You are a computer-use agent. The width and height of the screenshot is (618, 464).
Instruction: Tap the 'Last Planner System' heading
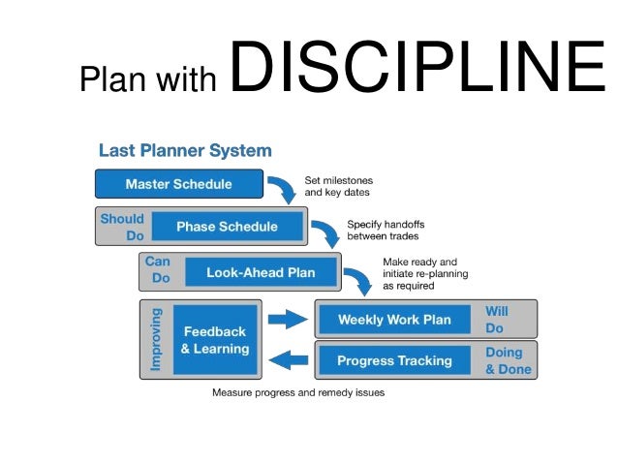click(185, 151)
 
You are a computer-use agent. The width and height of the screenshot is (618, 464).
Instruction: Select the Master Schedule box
click(178, 184)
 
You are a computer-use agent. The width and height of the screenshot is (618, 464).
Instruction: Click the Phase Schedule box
click(226, 227)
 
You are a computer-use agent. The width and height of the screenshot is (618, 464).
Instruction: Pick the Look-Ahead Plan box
click(261, 272)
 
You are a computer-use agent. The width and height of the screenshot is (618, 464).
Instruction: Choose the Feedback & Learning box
click(215, 340)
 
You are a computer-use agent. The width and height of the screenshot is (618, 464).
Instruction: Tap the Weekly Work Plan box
click(394, 320)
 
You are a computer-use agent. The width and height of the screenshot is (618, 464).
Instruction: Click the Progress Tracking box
click(394, 360)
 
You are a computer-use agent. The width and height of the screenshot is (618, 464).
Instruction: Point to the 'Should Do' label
click(121, 227)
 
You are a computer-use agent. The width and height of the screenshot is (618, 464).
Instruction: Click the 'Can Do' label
click(157, 270)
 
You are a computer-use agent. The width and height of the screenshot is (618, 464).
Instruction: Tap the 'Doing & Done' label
click(504, 360)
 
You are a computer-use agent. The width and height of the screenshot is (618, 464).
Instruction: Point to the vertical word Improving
click(156, 340)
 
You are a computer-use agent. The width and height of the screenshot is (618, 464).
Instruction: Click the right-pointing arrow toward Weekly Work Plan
click(287, 318)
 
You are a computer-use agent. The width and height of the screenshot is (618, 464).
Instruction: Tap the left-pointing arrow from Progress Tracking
click(287, 360)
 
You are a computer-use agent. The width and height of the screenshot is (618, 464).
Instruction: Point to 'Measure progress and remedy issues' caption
click(298, 393)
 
